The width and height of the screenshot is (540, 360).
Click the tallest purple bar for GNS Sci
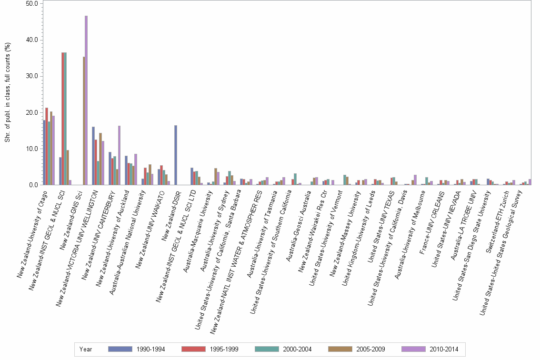(86, 100)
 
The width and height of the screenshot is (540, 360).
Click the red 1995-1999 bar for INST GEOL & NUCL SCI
(63, 119)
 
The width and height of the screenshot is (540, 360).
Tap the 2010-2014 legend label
(443, 349)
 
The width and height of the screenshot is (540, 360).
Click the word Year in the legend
(86, 349)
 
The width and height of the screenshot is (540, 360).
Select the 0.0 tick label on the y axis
(33, 185)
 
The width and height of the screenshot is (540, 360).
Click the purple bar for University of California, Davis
(415, 180)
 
